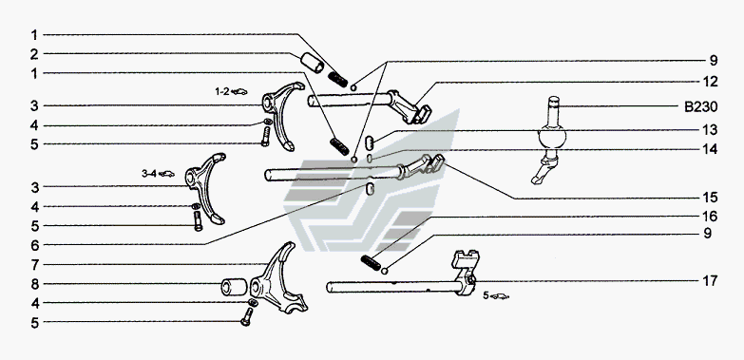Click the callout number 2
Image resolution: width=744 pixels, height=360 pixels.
coord(34,54)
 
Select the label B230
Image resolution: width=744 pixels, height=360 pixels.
coord(701,107)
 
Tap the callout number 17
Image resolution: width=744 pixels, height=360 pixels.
coord(710,281)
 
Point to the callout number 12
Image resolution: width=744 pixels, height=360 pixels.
coord(711,82)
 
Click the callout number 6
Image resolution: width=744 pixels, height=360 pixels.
coord(34,245)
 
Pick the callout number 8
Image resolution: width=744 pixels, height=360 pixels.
coord(34,285)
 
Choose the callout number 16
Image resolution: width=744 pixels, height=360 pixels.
coord(711,217)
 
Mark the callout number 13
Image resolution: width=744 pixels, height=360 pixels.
coord(711,130)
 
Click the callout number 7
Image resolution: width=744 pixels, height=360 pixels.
coord(34,265)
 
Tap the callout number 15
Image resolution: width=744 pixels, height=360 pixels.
coord(711,198)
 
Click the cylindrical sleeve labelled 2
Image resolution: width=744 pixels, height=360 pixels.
coord(313,63)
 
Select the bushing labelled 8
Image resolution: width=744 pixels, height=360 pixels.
coord(234,287)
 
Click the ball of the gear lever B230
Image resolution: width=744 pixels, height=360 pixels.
coord(552,138)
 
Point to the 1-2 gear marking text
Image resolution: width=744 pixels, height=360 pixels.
coord(221,91)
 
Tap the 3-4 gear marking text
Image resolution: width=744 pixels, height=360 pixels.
coord(148,174)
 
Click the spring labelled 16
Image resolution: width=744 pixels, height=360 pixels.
coord(371,263)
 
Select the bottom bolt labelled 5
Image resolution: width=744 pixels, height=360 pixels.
coord(246,316)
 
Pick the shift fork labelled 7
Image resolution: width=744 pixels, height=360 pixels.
coord(279,280)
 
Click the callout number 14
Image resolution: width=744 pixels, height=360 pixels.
coord(711,149)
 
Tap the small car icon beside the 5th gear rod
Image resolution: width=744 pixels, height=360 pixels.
coord(499,296)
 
